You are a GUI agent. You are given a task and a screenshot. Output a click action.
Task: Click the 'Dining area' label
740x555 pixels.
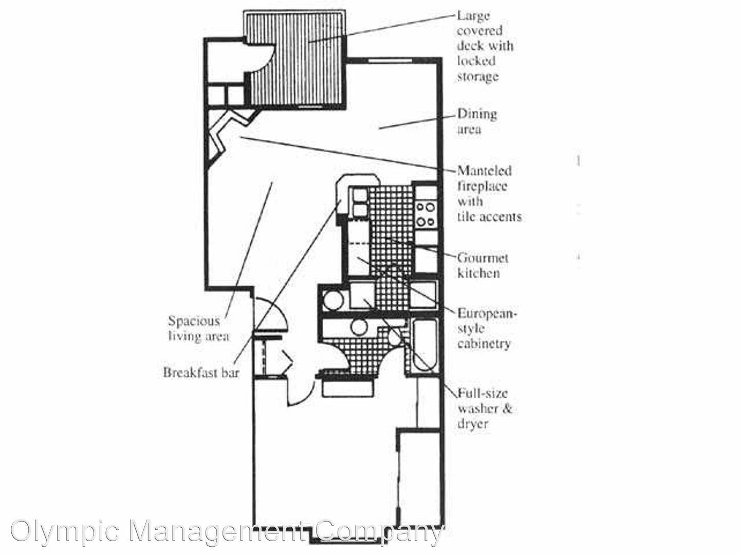coord(477,121)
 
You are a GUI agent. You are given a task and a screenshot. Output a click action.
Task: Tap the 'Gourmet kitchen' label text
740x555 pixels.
coord(483,266)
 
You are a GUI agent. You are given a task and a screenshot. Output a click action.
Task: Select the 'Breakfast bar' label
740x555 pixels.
coord(201,373)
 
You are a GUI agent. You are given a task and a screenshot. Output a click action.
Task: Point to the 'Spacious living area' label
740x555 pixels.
coord(199,328)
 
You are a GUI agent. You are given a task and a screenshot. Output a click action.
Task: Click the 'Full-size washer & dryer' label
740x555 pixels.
coord(485,409)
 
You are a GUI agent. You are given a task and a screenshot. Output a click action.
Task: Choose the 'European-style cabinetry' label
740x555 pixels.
coord(487,328)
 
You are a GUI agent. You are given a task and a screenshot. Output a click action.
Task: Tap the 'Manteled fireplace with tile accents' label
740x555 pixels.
coord(489,194)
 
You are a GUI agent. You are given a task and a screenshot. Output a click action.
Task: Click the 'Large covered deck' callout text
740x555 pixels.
coord(485,46)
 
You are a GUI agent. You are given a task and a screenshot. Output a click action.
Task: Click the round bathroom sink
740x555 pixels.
coord(359,327)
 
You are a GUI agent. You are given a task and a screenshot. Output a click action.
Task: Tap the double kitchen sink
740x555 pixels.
coord(359,202)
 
